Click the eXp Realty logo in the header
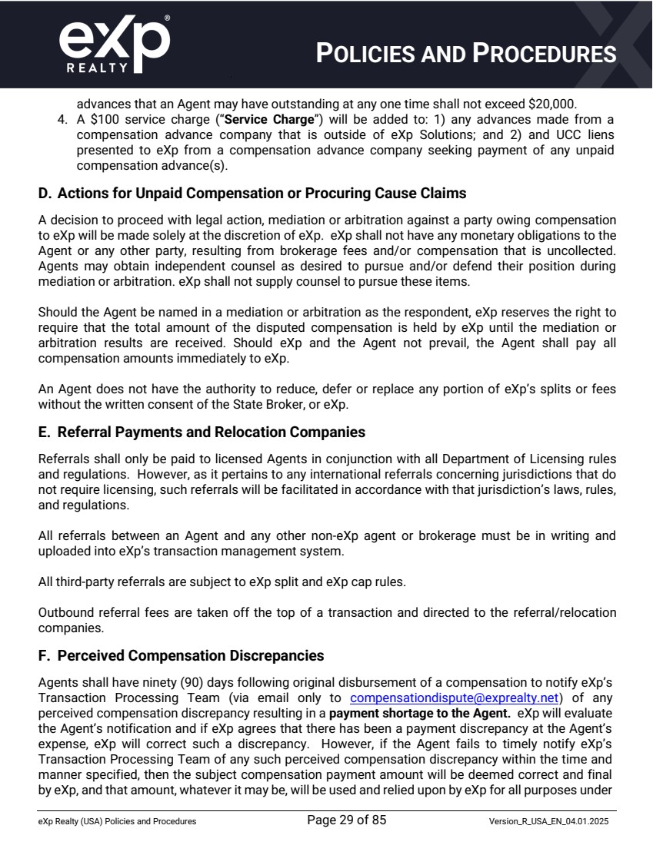pos(114,45)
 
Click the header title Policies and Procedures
pos(466,54)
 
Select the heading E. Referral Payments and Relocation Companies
pos(202,432)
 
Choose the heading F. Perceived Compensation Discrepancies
pos(181,655)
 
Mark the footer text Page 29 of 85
pos(346,820)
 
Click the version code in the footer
pos(549,822)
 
